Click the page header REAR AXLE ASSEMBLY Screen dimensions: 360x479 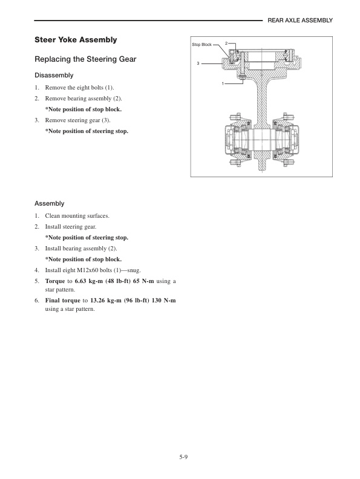coord(300,20)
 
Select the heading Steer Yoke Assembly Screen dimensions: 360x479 coord(76,40)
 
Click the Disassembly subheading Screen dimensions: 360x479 coord(54,76)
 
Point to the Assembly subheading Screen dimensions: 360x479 coord(50,204)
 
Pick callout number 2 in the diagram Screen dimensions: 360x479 coord(226,44)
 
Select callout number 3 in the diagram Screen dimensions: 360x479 coord(198,63)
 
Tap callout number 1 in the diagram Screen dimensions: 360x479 coord(223,82)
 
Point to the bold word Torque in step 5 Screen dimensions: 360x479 coord(56,281)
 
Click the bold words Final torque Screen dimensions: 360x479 coord(62,300)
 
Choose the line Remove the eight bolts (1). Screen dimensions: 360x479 coord(80,88)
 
